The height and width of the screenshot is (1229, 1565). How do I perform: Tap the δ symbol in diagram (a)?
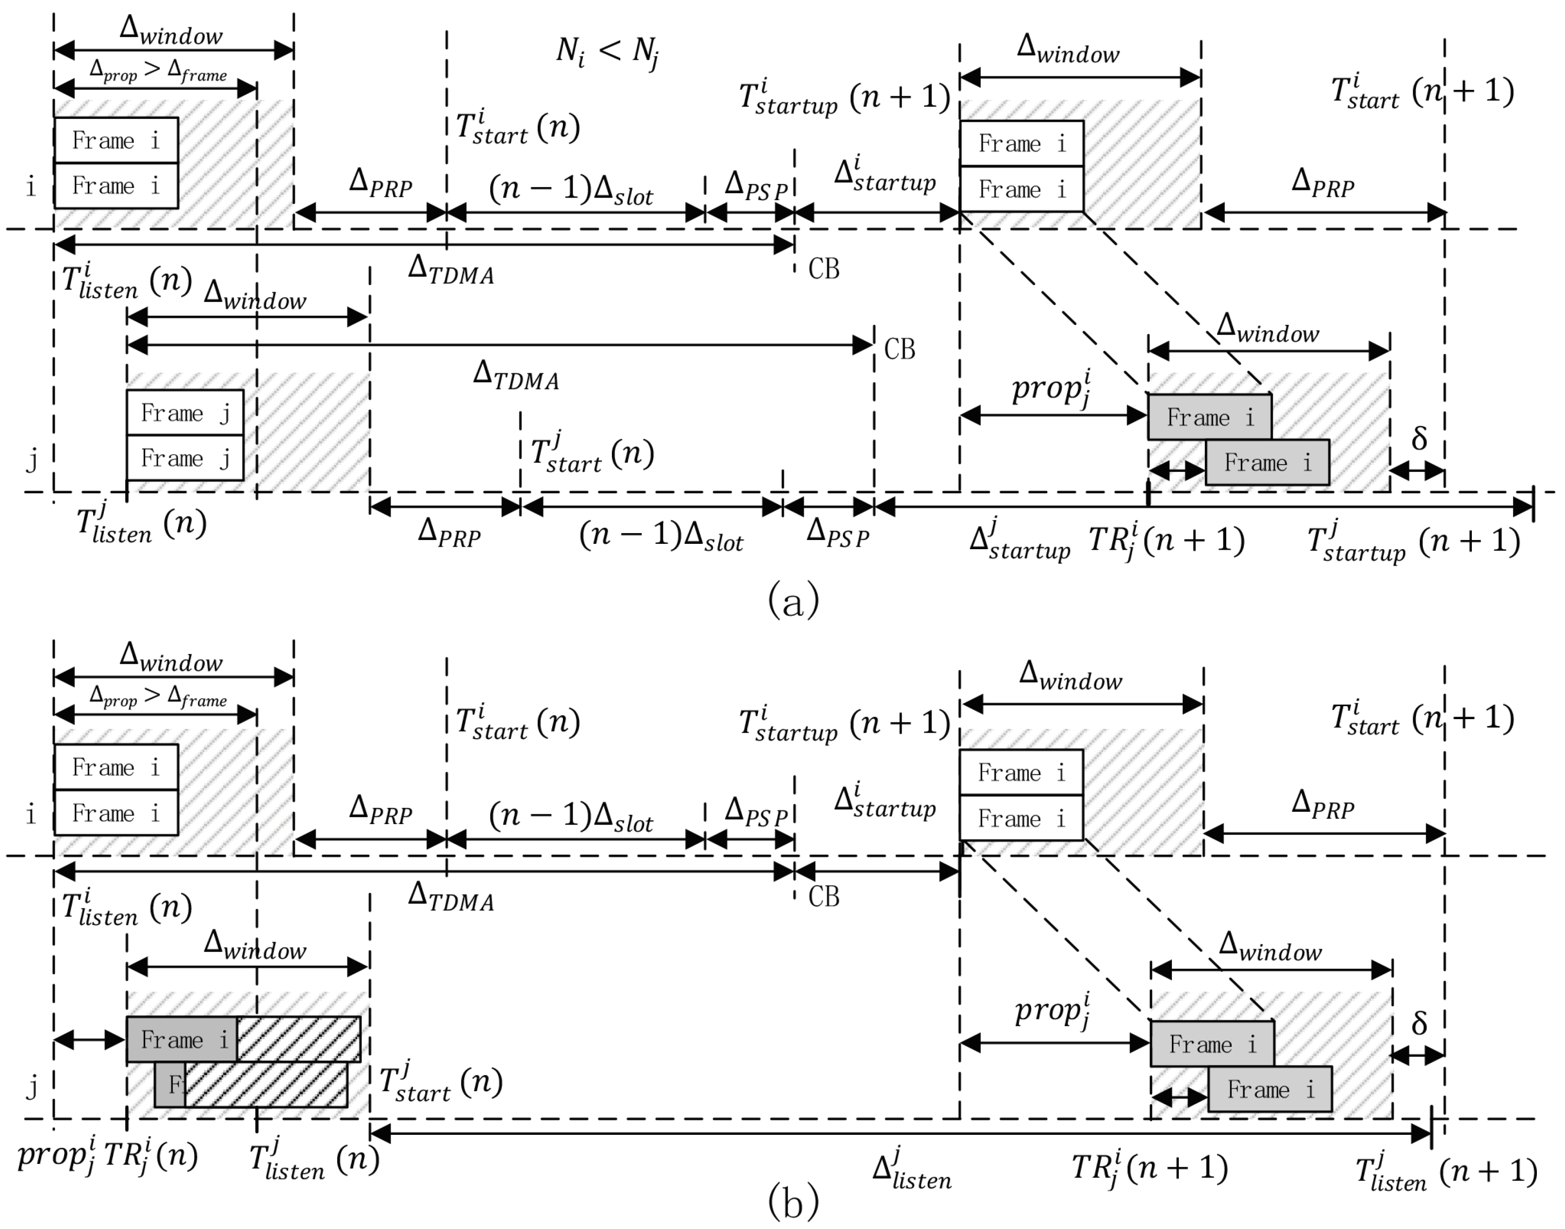pyautogui.click(x=1418, y=438)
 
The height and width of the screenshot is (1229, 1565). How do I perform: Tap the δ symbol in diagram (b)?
pyautogui.click(x=1418, y=1023)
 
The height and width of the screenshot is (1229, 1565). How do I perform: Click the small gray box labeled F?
pyautogui.click(x=170, y=1084)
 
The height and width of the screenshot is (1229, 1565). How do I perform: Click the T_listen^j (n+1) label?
pyautogui.click(x=1446, y=1171)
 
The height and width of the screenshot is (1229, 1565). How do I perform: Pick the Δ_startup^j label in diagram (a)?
pyautogui.click(x=1019, y=539)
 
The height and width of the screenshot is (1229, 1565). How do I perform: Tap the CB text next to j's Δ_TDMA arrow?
pyautogui.click(x=899, y=350)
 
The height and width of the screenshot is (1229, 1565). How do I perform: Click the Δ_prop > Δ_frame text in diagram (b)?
pyautogui.click(x=158, y=696)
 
